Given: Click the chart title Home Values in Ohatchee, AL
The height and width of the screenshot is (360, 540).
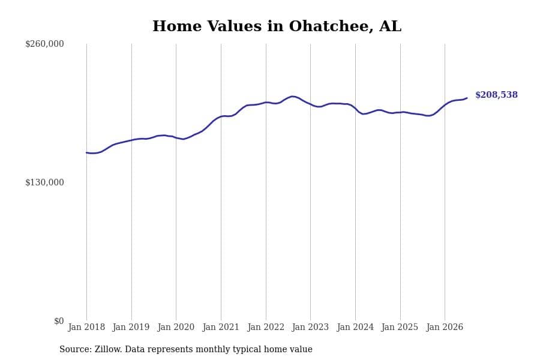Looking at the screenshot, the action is pyautogui.click(x=277, y=26).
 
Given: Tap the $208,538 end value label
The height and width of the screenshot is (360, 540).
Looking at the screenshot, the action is pyautogui.click(x=496, y=95).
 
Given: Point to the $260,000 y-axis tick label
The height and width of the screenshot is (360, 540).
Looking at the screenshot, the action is pyautogui.click(x=44, y=44).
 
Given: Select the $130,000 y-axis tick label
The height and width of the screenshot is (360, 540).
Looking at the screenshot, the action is pyautogui.click(x=44, y=182).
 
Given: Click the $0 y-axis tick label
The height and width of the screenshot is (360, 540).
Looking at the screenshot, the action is pyautogui.click(x=59, y=321).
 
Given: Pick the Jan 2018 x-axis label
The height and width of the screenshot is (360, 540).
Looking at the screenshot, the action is pyautogui.click(x=86, y=327).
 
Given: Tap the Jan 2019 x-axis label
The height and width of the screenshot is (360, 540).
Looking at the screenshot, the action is pyautogui.click(x=131, y=327).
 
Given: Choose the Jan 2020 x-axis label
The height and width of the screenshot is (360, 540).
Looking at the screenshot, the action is pyautogui.click(x=176, y=327).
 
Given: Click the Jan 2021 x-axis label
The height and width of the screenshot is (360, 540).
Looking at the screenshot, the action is pyautogui.click(x=221, y=327).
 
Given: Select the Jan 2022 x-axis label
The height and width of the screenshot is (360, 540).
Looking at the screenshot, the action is pyautogui.click(x=266, y=327).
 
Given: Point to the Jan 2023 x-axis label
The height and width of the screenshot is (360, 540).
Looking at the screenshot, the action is pyautogui.click(x=310, y=327).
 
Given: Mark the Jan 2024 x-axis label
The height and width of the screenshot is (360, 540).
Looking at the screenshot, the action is pyautogui.click(x=355, y=327).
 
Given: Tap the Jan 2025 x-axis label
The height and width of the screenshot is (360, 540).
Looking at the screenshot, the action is pyautogui.click(x=400, y=327).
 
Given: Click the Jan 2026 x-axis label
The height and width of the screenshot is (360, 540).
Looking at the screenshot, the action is pyautogui.click(x=445, y=327).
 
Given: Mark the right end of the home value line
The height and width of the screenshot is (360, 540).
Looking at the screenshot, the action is pyautogui.click(x=467, y=98).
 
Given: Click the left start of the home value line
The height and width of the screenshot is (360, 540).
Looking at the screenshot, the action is pyautogui.click(x=86, y=152).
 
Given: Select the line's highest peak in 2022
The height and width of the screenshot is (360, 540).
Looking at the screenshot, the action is pyautogui.click(x=292, y=97).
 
